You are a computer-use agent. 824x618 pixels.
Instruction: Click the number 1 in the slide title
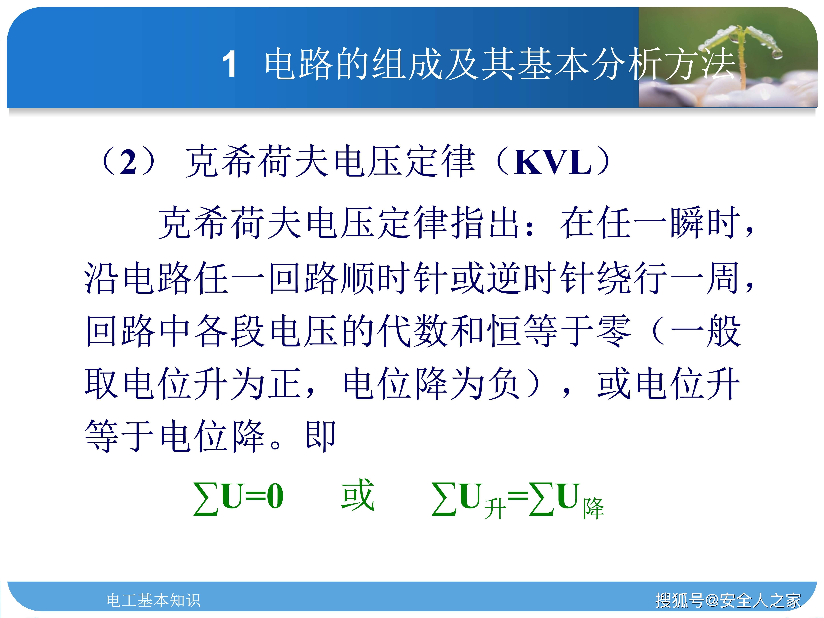tap(230, 64)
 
